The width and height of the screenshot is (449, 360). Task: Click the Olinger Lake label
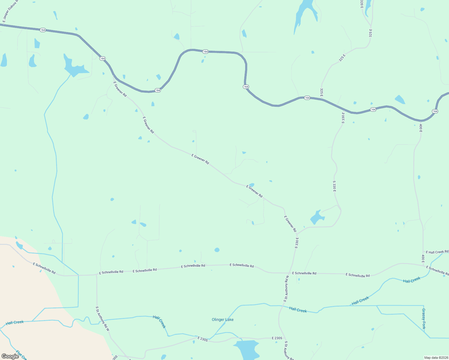[x=223, y=320]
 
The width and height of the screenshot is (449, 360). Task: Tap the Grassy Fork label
[x=423, y=319]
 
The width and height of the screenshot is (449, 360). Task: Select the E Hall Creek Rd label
[x=437, y=252]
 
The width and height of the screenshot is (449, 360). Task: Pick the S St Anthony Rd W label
[x=103, y=319]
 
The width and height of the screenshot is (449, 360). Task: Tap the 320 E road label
[x=362, y=4]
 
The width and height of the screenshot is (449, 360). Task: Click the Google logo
[x=10, y=356]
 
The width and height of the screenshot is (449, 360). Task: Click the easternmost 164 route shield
[x=435, y=111]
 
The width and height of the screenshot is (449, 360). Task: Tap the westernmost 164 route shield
[x=43, y=30]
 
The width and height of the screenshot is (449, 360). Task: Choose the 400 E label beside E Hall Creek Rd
[x=423, y=259]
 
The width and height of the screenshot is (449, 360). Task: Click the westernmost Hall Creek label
[x=15, y=322]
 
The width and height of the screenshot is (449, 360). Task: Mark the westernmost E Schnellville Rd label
[x=44, y=268]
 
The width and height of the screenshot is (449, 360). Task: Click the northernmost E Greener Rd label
[x=120, y=89]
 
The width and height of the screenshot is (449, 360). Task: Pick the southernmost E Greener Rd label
[x=290, y=224]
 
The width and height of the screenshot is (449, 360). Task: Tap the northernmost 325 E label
[x=370, y=33]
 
